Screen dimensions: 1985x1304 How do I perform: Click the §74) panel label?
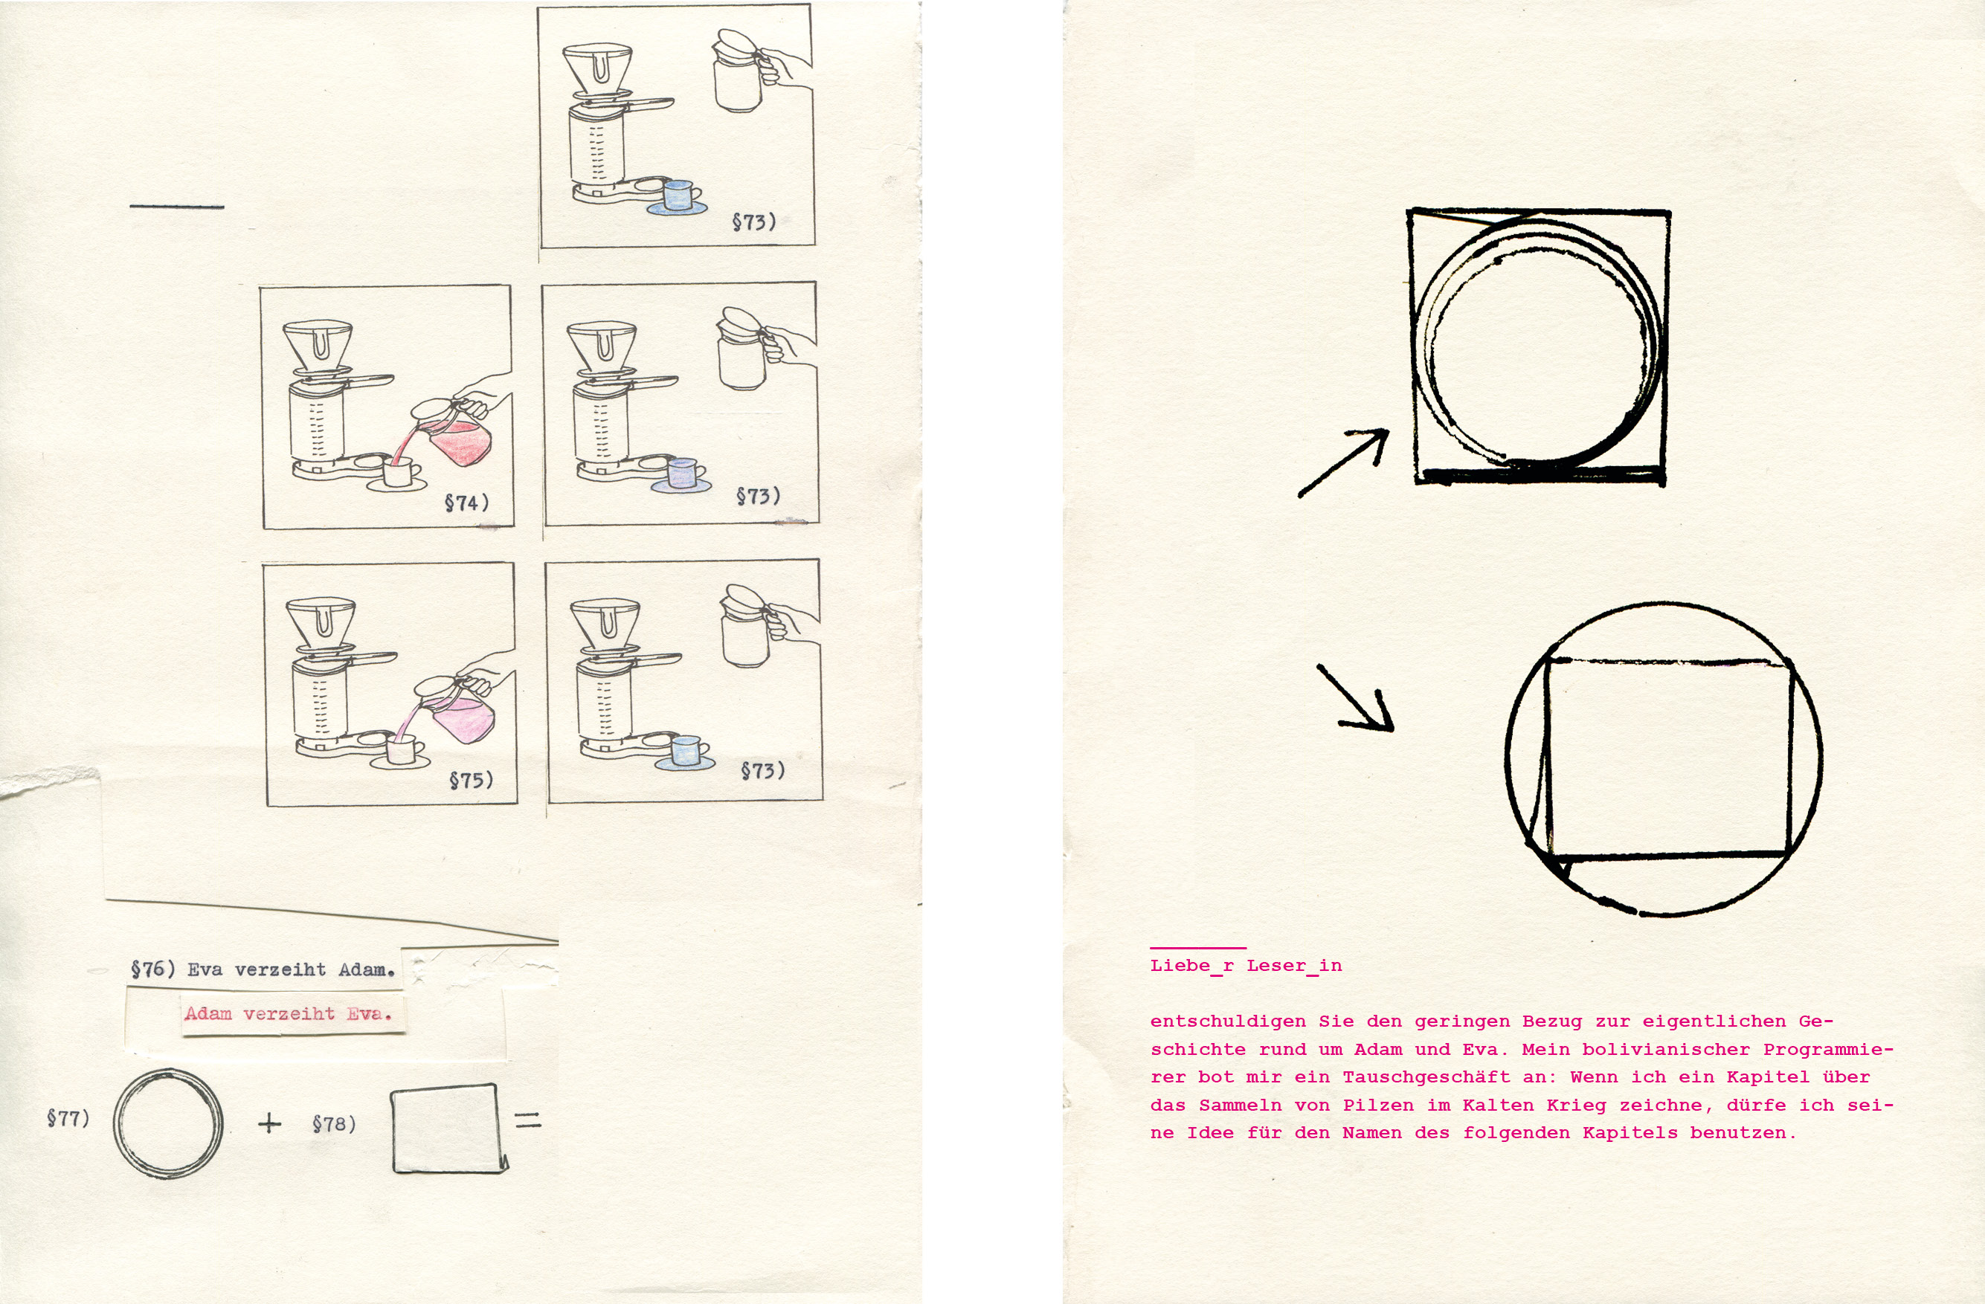[x=466, y=503]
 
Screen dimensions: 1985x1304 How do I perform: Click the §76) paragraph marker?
[x=152, y=969]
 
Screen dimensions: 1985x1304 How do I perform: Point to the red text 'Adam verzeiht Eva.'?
[x=288, y=1014]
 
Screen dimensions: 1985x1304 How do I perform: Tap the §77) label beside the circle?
[x=68, y=1117]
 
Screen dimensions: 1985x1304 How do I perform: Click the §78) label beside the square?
[x=334, y=1124]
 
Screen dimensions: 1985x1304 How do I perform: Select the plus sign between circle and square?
[x=269, y=1124]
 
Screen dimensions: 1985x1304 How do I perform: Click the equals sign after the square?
[x=528, y=1120]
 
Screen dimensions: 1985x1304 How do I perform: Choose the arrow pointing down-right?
[x=1355, y=698]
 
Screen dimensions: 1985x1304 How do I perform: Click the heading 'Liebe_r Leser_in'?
[x=1246, y=966]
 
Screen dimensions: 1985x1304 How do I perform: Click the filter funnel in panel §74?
[x=318, y=349]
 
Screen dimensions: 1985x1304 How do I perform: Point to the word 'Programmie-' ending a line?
[x=1828, y=1049]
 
